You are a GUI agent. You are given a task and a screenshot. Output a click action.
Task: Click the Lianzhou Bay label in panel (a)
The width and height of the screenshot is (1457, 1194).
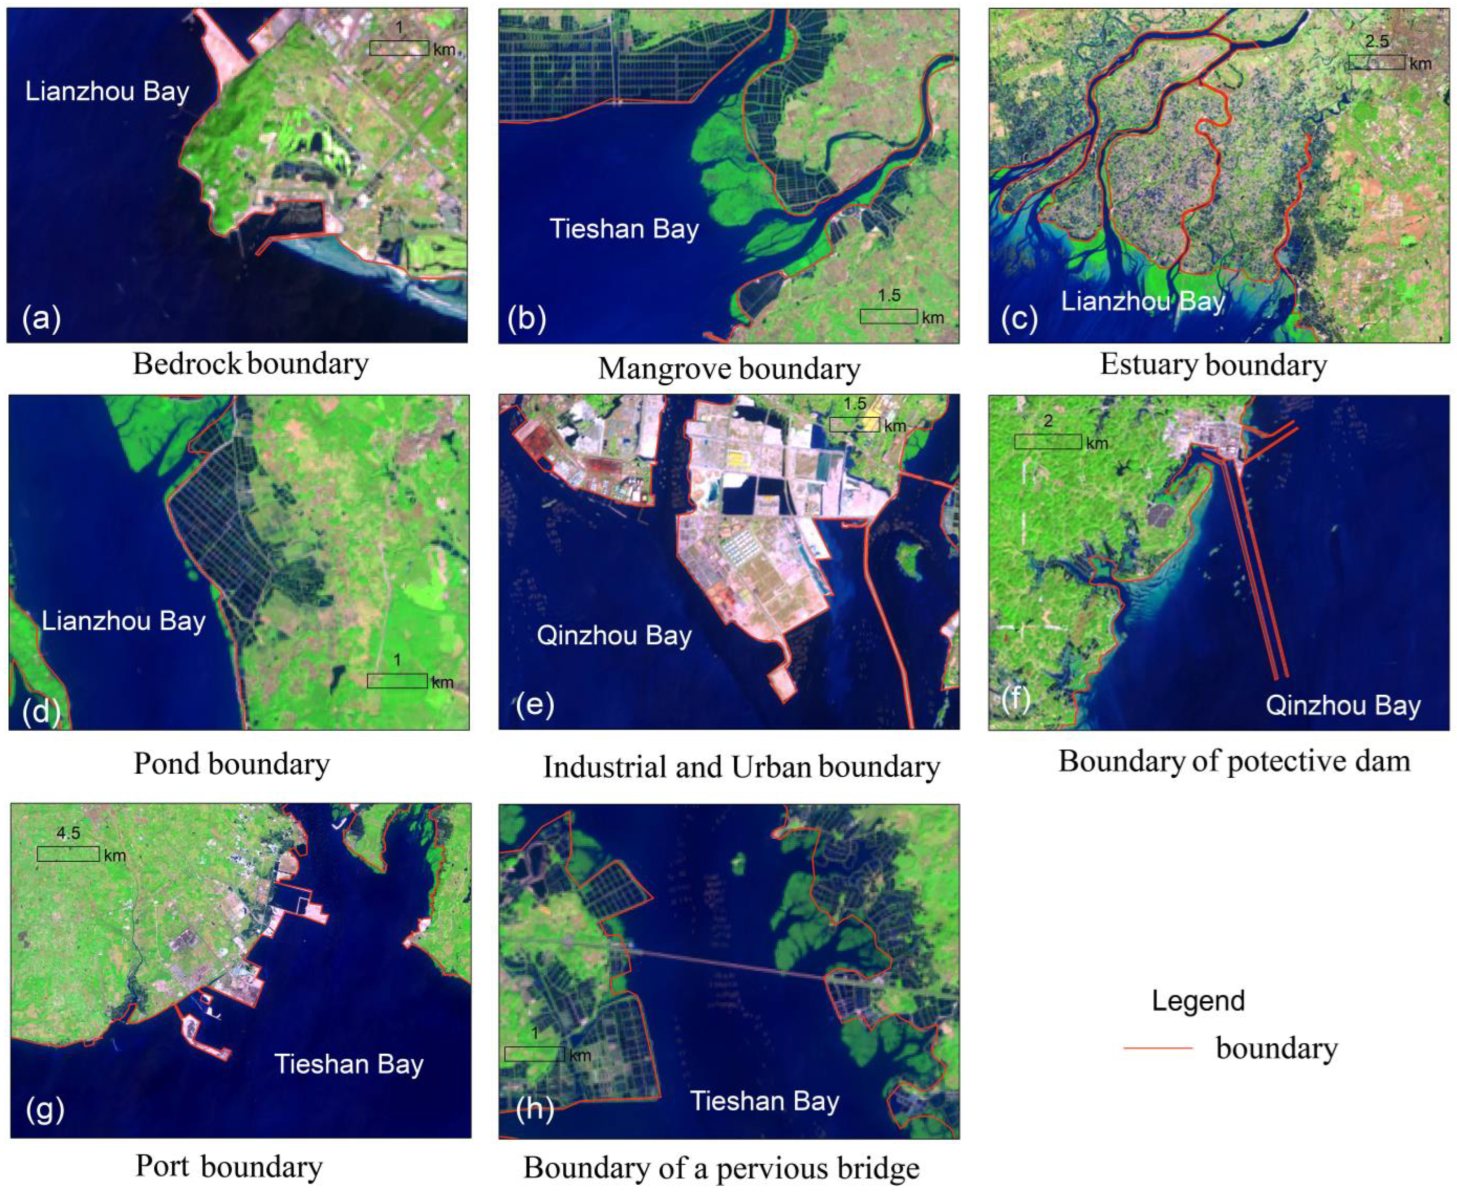(x=107, y=92)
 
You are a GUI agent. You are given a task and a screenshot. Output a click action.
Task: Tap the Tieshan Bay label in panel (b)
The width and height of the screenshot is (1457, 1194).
(x=624, y=229)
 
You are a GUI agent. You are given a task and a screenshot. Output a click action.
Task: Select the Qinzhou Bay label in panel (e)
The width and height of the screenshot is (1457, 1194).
(x=614, y=636)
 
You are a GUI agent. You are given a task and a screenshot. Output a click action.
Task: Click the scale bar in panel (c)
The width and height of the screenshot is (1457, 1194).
(x=1376, y=62)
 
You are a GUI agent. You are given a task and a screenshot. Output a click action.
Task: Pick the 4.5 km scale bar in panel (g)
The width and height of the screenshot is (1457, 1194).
(x=67, y=853)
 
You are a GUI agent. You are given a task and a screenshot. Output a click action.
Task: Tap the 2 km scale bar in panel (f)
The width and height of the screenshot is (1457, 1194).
(x=1047, y=442)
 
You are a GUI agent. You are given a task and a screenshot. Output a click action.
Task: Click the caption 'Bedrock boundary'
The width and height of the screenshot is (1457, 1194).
(x=250, y=364)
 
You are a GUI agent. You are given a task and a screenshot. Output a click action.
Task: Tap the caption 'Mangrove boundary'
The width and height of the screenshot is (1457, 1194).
(x=729, y=369)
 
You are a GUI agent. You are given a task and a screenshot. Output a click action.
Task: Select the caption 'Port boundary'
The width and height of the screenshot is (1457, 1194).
(x=229, y=1166)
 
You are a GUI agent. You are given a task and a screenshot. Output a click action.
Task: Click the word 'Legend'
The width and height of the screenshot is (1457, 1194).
(x=1197, y=1001)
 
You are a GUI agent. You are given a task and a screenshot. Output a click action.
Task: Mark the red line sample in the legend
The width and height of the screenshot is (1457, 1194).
(x=1157, y=1048)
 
